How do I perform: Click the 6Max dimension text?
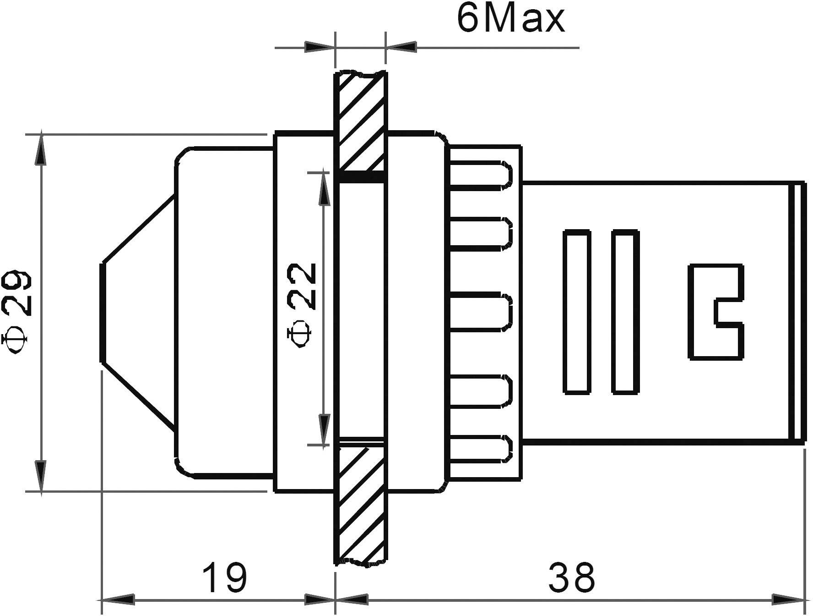pyautogui.click(x=510, y=20)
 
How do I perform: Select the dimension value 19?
pyautogui.click(x=224, y=578)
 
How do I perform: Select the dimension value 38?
pyautogui.click(x=572, y=578)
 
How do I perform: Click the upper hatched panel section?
pyautogui.click(x=361, y=121)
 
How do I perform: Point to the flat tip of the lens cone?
pyautogui.click(x=102, y=312)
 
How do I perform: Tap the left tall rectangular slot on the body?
pyautogui.click(x=576, y=312)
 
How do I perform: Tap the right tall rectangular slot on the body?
pyautogui.click(x=625, y=312)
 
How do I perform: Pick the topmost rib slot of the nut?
pyautogui.click(x=481, y=175)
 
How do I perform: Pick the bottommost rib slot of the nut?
pyautogui.click(x=481, y=448)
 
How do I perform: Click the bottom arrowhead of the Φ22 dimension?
pyautogui.click(x=324, y=431)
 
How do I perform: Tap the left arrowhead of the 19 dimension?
pyautogui.click(x=117, y=599)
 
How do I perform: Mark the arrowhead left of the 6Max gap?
pyautogui.click(x=318, y=47)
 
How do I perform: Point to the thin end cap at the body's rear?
pyautogui.click(x=798, y=312)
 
